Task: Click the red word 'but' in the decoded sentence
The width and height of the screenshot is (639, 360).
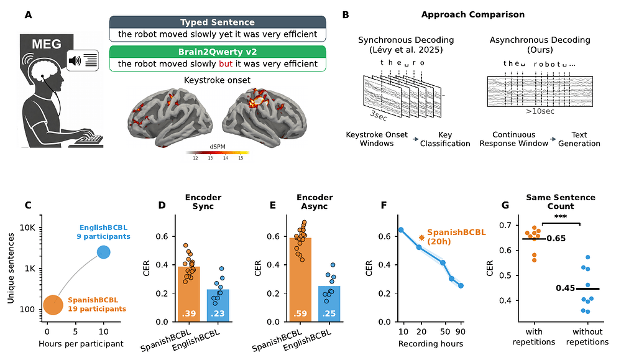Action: tap(226, 64)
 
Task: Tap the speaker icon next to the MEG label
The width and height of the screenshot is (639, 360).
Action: tap(75, 61)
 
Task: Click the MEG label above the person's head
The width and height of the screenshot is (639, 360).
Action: tap(47, 44)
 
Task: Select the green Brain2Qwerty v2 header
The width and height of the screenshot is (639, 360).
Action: tap(218, 52)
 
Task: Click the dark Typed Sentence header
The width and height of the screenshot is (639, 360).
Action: tap(218, 22)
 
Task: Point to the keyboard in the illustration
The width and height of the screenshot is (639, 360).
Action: tap(88, 139)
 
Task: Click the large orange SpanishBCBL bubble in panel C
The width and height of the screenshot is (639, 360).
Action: tap(53, 305)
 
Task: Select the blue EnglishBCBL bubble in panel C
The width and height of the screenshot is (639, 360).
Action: tap(104, 252)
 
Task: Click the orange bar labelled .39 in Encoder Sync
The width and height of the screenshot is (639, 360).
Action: tap(189, 294)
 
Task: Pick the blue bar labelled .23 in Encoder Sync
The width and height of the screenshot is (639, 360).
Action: tap(218, 305)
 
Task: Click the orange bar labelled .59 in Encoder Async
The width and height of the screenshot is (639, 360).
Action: tap(300, 280)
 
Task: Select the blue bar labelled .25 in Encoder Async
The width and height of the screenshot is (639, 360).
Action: tap(329, 304)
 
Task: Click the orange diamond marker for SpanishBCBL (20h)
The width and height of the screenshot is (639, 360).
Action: tap(421, 238)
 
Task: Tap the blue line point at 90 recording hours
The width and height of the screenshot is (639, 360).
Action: tap(461, 285)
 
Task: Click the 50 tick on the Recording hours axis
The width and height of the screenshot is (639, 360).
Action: tap(445, 331)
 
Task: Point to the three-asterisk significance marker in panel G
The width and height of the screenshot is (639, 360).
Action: tap(560, 216)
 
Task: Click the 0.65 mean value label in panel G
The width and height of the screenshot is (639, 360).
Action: tap(556, 239)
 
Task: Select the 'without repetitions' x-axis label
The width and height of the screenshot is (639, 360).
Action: tap(587, 337)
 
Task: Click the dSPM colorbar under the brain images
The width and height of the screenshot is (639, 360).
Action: tap(218, 153)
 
